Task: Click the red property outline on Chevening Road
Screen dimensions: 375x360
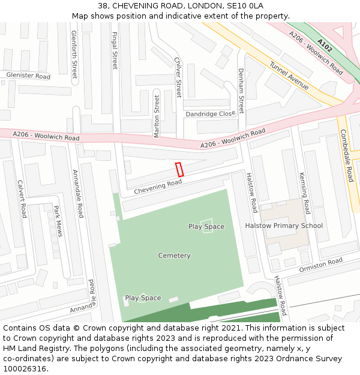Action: (x=179, y=169)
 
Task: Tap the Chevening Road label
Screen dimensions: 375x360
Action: (x=157, y=187)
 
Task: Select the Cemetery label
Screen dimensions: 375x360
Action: (x=174, y=256)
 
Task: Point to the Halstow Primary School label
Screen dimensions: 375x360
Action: (x=284, y=226)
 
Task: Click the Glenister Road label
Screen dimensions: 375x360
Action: (x=28, y=76)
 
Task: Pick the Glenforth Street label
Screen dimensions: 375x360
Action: (x=74, y=55)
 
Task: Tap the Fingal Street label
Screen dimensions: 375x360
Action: (x=115, y=50)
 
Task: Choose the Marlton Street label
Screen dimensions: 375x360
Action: (x=157, y=116)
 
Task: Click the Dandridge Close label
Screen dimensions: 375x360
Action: (x=211, y=113)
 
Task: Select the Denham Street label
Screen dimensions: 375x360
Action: (x=241, y=91)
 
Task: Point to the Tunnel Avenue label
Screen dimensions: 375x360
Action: (x=289, y=76)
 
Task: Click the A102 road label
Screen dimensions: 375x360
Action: (x=325, y=45)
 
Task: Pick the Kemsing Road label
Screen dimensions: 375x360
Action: (x=304, y=193)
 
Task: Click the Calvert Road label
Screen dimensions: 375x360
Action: (x=22, y=199)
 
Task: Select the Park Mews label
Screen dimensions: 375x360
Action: (x=58, y=220)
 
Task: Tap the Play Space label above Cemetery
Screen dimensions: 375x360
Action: (x=206, y=226)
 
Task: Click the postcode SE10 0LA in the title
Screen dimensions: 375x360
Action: (x=243, y=5)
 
